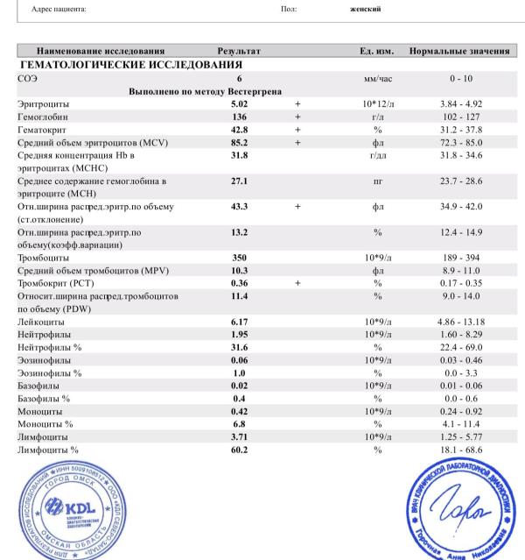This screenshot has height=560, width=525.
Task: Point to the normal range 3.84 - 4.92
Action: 461,104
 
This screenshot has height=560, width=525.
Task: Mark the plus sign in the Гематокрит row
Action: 297,130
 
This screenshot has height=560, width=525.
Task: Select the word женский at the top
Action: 365,9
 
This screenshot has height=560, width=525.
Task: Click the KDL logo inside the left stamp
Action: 71,508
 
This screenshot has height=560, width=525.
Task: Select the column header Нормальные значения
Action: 459,52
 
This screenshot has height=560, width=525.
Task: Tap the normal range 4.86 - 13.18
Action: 461,323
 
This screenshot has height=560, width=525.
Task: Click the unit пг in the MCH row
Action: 378,181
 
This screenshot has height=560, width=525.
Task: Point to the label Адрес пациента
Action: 59,9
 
